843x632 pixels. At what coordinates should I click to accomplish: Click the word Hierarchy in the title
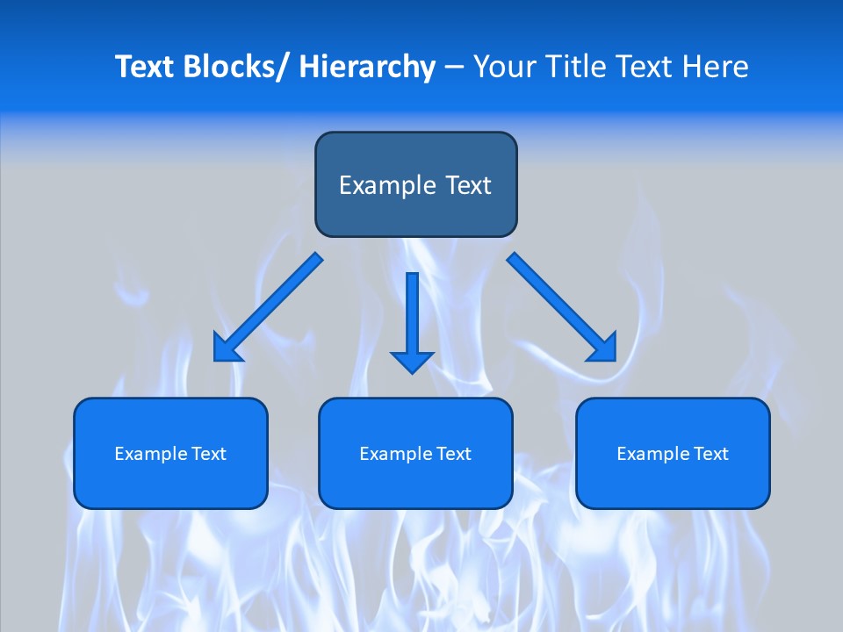(367, 67)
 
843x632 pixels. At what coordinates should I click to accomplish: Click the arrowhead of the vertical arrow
(412, 361)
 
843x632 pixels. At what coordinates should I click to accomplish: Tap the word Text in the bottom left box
(208, 454)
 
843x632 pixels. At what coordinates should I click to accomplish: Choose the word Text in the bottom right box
(710, 454)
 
